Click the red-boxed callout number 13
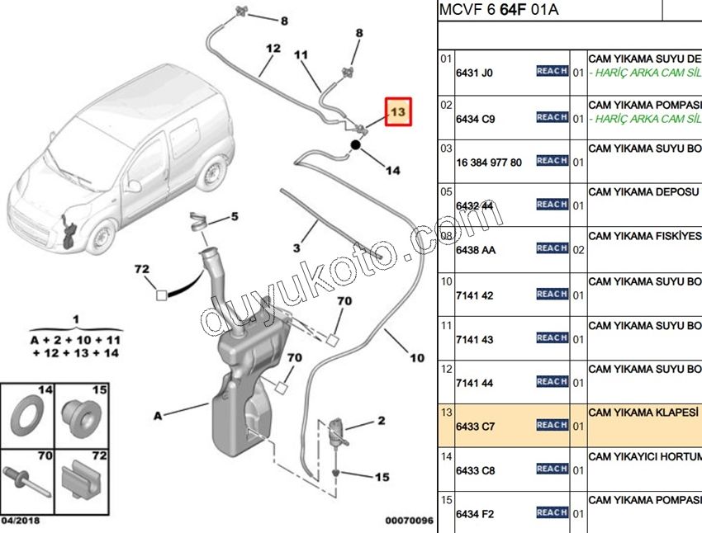click(x=398, y=111)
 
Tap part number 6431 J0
click(x=473, y=73)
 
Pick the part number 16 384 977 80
click(x=489, y=163)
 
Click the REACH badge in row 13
click(x=552, y=425)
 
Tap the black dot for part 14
click(x=356, y=145)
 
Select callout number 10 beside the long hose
click(x=417, y=358)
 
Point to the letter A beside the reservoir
click(x=157, y=417)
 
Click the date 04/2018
click(x=21, y=521)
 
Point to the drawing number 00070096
click(x=409, y=521)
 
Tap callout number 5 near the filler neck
click(x=234, y=217)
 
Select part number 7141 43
click(x=473, y=338)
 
